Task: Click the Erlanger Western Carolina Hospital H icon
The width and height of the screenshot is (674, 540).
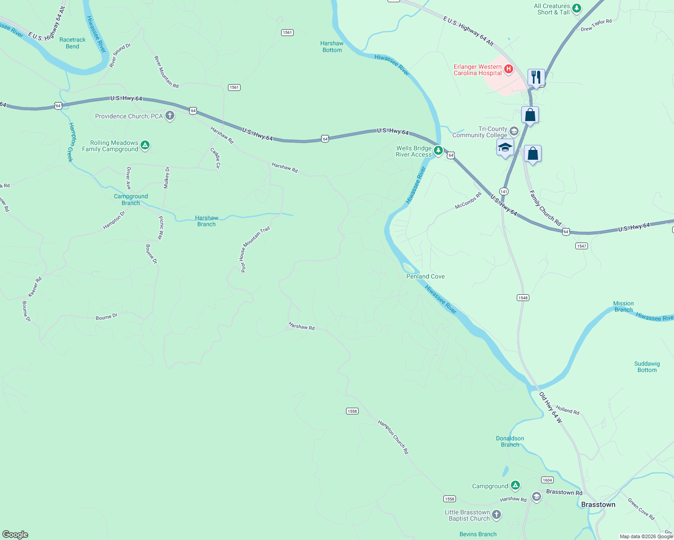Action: coord(509,69)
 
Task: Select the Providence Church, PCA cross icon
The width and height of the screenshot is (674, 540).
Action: coord(170,116)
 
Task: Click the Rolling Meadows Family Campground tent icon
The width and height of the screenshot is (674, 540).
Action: coord(145,145)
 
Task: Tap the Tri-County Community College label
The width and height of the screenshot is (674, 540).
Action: coord(480,132)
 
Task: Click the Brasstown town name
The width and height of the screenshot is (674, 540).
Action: coord(598,504)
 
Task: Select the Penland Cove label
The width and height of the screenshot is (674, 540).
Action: coord(425,276)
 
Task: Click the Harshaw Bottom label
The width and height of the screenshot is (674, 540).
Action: coord(332,47)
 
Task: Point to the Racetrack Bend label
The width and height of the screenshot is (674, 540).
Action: coord(73,43)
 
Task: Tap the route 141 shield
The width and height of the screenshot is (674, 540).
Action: coord(504,191)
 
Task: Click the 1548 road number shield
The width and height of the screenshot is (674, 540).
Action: coord(523,297)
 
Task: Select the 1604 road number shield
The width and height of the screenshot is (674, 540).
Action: coord(547,480)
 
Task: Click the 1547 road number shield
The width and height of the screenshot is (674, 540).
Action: coord(581,246)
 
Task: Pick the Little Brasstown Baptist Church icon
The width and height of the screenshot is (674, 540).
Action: coord(496,515)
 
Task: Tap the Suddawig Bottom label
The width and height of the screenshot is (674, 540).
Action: coord(647,367)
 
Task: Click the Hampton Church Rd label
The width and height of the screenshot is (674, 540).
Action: coord(393,437)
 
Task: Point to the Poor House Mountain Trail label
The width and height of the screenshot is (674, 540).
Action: coord(255,249)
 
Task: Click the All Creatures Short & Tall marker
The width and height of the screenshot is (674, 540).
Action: coord(577,9)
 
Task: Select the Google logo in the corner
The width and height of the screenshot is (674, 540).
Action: coord(15,535)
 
